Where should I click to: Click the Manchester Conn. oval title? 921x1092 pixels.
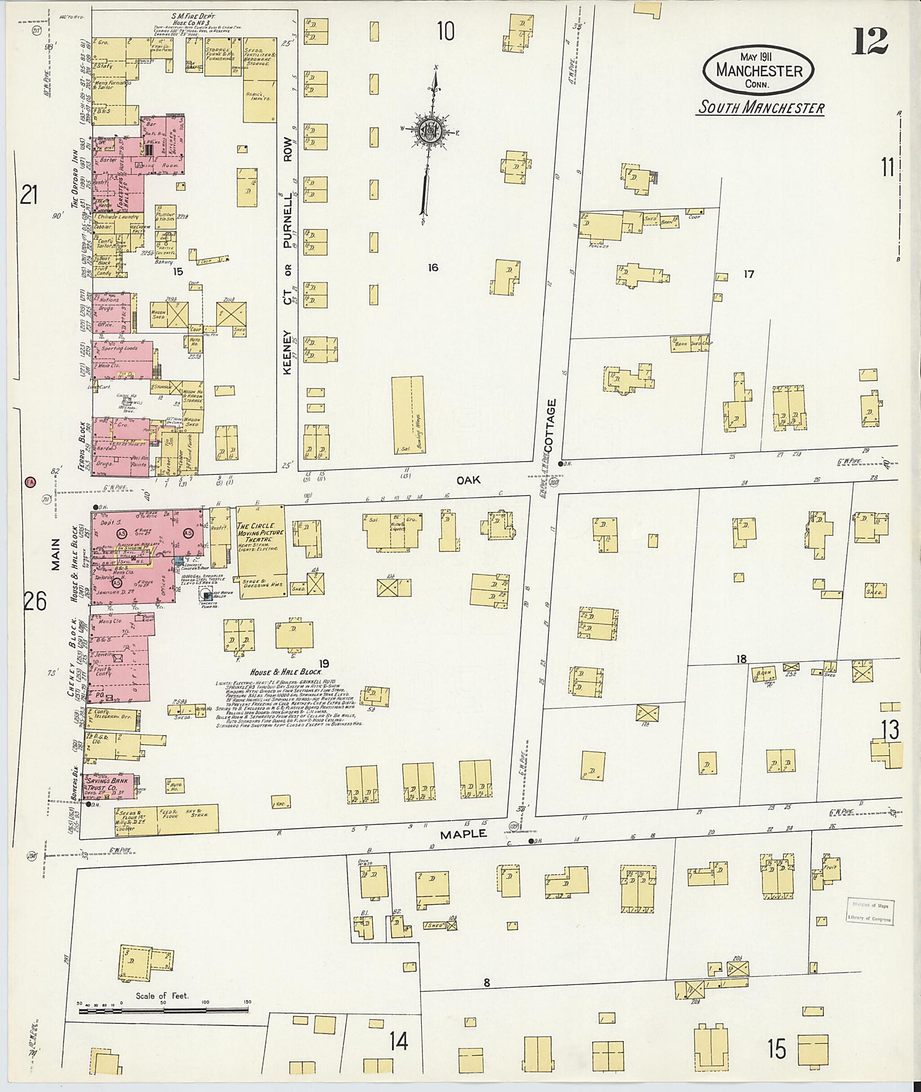coord(758,71)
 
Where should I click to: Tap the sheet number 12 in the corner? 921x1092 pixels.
coord(870,41)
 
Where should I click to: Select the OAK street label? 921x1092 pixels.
coord(468,480)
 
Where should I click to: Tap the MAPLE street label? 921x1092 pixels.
coord(464,834)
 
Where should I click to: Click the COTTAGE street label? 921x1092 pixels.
coord(550,425)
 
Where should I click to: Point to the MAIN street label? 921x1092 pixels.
coord(55,554)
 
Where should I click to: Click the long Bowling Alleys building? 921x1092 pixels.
coord(408,415)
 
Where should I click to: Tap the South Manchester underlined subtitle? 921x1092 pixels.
coord(761,107)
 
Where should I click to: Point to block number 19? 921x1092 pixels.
coord(324,664)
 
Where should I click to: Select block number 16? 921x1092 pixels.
coord(433,267)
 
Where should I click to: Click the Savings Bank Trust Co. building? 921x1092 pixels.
coord(109,786)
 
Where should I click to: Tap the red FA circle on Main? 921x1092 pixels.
coord(29,482)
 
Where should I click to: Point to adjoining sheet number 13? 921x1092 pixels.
coord(890,730)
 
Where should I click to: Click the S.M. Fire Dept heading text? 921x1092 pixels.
coord(194,16)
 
